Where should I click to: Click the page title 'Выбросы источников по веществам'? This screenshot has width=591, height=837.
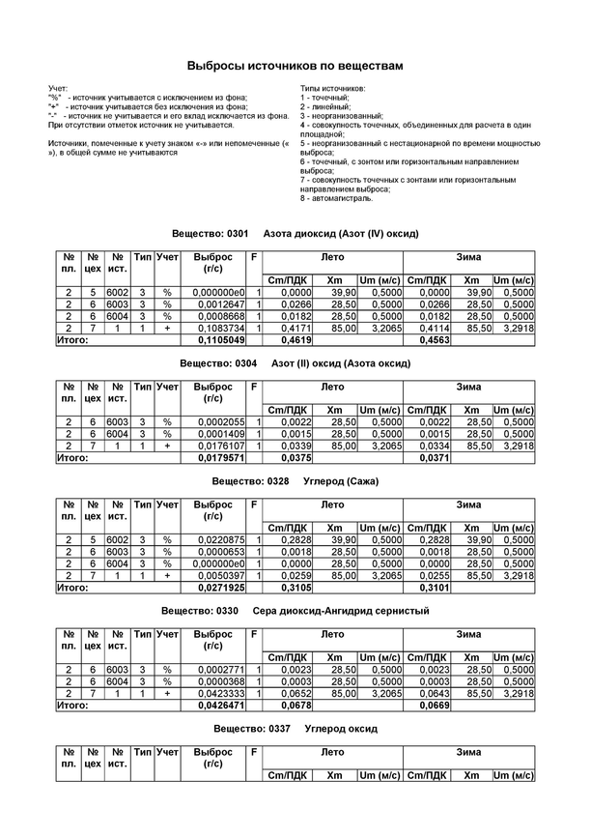click(x=295, y=66)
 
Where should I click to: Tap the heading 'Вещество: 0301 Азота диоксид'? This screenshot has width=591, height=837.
click(x=294, y=235)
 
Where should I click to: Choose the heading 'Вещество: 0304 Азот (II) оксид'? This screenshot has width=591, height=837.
click(x=295, y=363)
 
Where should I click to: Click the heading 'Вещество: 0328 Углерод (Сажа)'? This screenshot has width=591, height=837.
click(x=295, y=480)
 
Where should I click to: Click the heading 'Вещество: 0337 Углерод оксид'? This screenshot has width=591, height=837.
click(x=295, y=728)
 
